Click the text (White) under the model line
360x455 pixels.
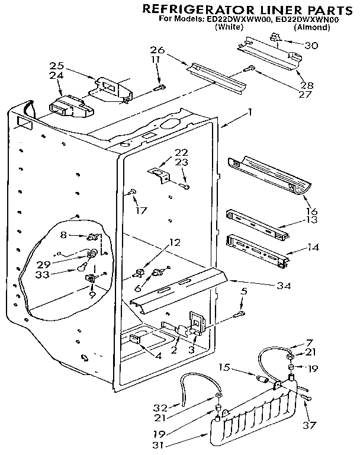coord(230,27)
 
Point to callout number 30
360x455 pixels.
coord(310,45)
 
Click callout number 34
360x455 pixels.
coord(284,286)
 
